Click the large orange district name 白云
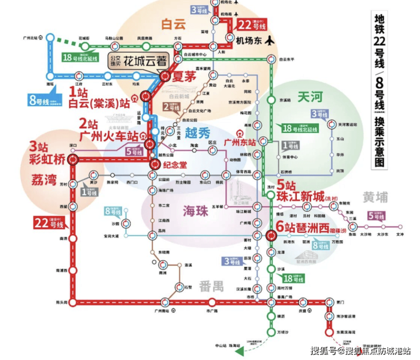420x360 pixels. coord(174,24)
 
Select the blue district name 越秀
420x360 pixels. coord(198,135)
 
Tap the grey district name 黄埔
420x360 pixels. coord(376,197)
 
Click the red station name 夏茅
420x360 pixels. coord(183,75)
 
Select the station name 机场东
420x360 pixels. coord(245,40)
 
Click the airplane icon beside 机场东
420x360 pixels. coord(270,40)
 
